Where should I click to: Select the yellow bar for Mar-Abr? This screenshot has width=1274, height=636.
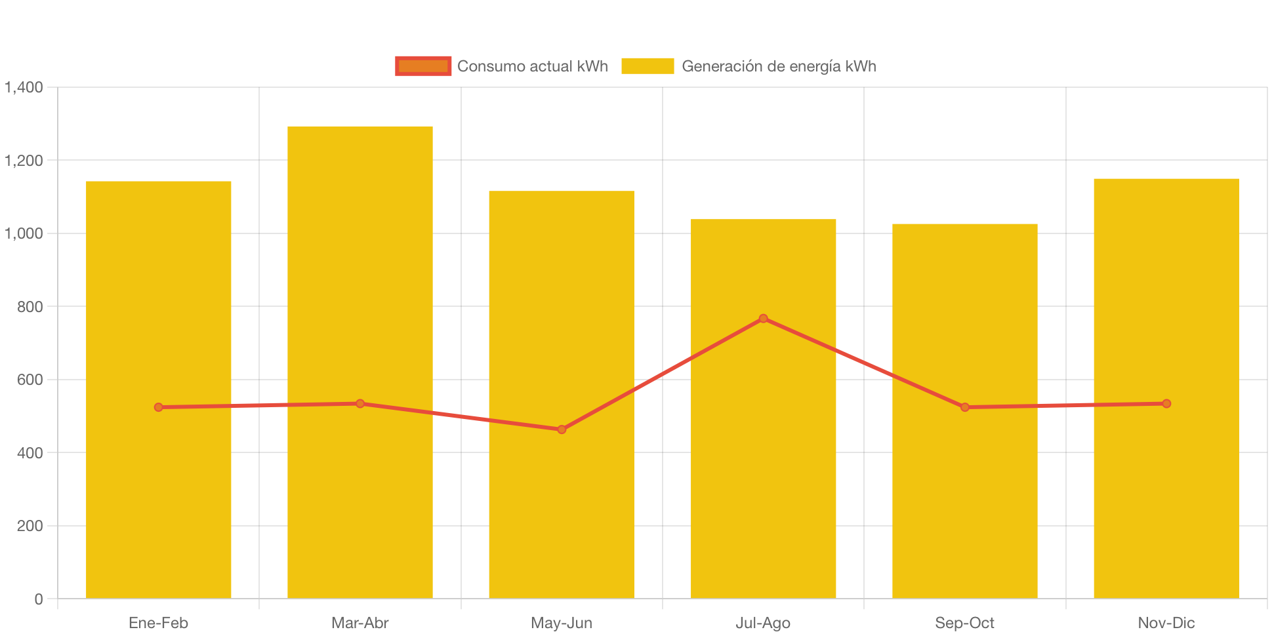(x=360, y=262)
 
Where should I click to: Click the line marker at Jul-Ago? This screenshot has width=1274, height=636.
(x=763, y=319)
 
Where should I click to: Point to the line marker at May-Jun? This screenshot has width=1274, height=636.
(x=562, y=429)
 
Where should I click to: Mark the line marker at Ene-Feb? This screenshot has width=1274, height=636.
(x=159, y=407)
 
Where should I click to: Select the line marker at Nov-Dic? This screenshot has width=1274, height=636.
(x=1166, y=404)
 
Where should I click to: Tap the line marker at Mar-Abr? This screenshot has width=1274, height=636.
(x=360, y=403)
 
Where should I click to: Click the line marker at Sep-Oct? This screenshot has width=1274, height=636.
(x=965, y=407)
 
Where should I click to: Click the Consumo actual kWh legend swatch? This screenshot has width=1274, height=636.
(x=423, y=66)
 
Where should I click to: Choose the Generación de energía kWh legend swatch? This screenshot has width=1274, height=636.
(x=647, y=66)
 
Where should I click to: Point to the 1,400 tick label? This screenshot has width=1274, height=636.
(x=24, y=87)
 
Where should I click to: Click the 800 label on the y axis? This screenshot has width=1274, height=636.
(x=30, y=307)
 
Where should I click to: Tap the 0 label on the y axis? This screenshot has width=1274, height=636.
(x=39, y=599)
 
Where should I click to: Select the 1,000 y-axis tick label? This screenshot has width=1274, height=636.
(x=24, y=233)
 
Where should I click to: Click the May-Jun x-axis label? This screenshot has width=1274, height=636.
(x=562, y=623)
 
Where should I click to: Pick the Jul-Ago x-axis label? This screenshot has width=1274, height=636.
(x=763, y=623)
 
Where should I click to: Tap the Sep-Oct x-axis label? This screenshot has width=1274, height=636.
(x=965, y=623)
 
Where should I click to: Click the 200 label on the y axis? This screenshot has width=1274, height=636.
(x=30, y=526)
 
